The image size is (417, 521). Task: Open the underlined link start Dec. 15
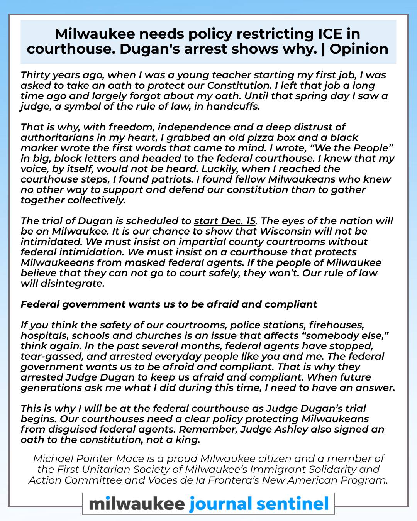pos(225,221)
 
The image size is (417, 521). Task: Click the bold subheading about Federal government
pos(169,304)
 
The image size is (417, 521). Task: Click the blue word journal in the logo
pos(220,504)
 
